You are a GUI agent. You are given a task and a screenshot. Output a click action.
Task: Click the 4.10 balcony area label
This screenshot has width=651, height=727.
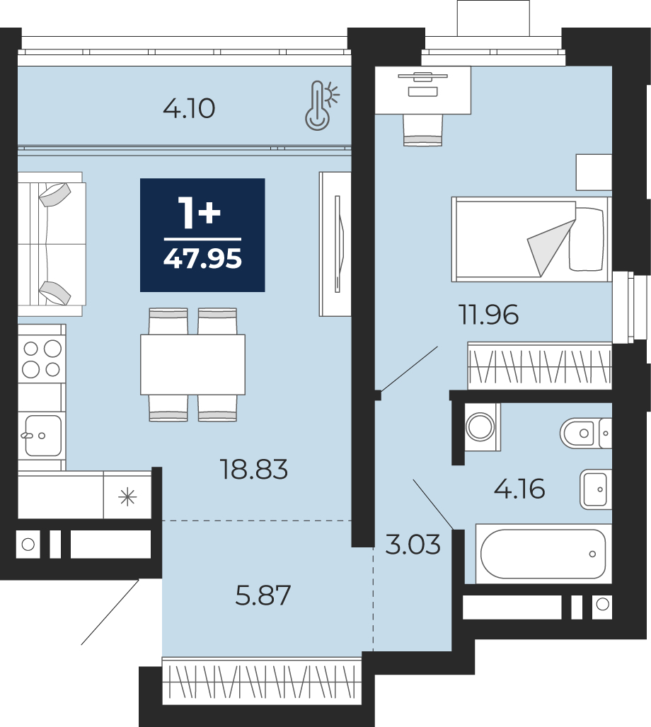pyautogui.click(x=189, y=109)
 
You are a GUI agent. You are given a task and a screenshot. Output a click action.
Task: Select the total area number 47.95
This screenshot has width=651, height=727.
pyautogui.click(x=202, y=259)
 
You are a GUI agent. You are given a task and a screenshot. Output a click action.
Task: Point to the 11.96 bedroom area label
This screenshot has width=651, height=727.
pyautogui.click(x=488, y=315)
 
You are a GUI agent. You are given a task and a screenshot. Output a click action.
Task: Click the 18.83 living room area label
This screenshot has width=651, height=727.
pyautogui.click(x=253, y=469)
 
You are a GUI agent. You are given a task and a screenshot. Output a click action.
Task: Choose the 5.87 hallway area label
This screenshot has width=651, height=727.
pyautogui.click(x=263, y=595)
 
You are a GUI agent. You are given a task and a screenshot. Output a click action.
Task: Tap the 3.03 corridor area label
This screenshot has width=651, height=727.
pyautogui.click(x=413, y=545)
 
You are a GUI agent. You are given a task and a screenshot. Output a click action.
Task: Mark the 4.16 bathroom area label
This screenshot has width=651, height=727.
pyautogui.click(x=519, y=489)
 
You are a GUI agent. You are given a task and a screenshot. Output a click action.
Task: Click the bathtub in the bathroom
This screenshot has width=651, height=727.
pyautogui.click(x=543, y=554)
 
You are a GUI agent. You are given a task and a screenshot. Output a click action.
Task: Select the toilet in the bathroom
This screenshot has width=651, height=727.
pyautogui.click(x=586, y=433)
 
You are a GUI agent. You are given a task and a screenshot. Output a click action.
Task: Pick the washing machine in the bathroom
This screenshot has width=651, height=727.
pyautogui.click(x=480, y=426)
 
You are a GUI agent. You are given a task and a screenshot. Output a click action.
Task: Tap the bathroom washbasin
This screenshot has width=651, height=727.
pyautogui.click(x=596, y=489)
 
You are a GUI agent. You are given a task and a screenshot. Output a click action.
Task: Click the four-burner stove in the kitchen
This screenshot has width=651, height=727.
pyautogui.click(x=41, y=359)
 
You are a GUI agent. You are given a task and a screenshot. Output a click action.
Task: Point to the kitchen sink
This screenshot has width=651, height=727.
pyautogui.click(x=41, y=436)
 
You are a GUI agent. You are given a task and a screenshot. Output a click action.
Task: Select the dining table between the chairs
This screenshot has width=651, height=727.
pyautogui.click(x=192, y=364)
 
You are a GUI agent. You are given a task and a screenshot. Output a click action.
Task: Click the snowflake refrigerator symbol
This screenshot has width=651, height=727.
pyautogui.click(x=127, y=497)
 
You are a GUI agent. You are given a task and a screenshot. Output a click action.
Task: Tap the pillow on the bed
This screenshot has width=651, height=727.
pyautogui.click(x=587, y=239)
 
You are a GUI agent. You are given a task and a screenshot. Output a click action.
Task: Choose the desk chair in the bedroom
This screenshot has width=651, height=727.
pyautogui.click(x=422, y=129)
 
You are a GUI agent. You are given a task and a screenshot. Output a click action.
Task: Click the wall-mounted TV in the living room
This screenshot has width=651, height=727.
pyautogui.click(x=338, y=244)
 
